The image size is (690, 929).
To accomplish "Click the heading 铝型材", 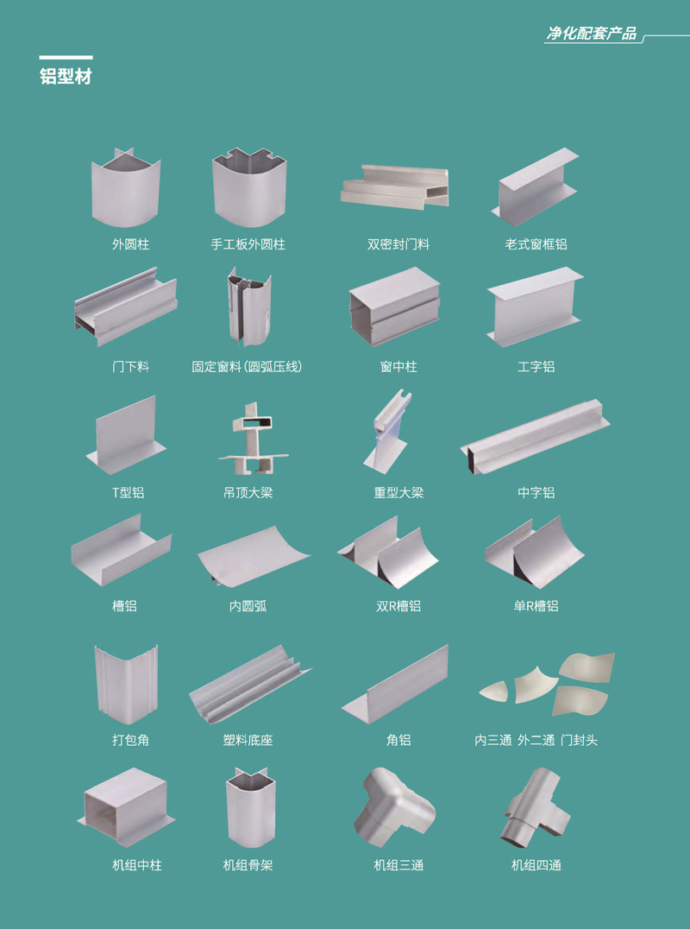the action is tap(66, 77).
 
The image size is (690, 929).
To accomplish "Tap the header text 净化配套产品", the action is tap(591, 33).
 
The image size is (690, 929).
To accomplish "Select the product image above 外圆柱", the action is tap(126, 187).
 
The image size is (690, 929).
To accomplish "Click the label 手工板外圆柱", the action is tap(248, 244).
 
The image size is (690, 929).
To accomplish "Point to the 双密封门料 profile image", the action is tap(395, 186).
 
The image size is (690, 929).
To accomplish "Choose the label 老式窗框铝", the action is tap(536, 244).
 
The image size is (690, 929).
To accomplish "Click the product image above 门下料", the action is tap(125, 307).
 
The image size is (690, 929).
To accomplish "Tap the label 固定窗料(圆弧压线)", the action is tap(248, 367).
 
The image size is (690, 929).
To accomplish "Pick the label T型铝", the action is tap(129, 492).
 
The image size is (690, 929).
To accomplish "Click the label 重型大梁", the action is tap(398, 492).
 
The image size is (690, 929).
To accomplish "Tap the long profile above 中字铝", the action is tap(535, 437).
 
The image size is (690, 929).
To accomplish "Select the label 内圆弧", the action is tap(248, 606).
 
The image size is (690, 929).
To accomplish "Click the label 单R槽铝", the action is tap(536, 606).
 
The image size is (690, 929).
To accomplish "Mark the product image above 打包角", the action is tap(126, 685).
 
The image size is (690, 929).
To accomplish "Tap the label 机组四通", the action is tap(536, 865).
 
